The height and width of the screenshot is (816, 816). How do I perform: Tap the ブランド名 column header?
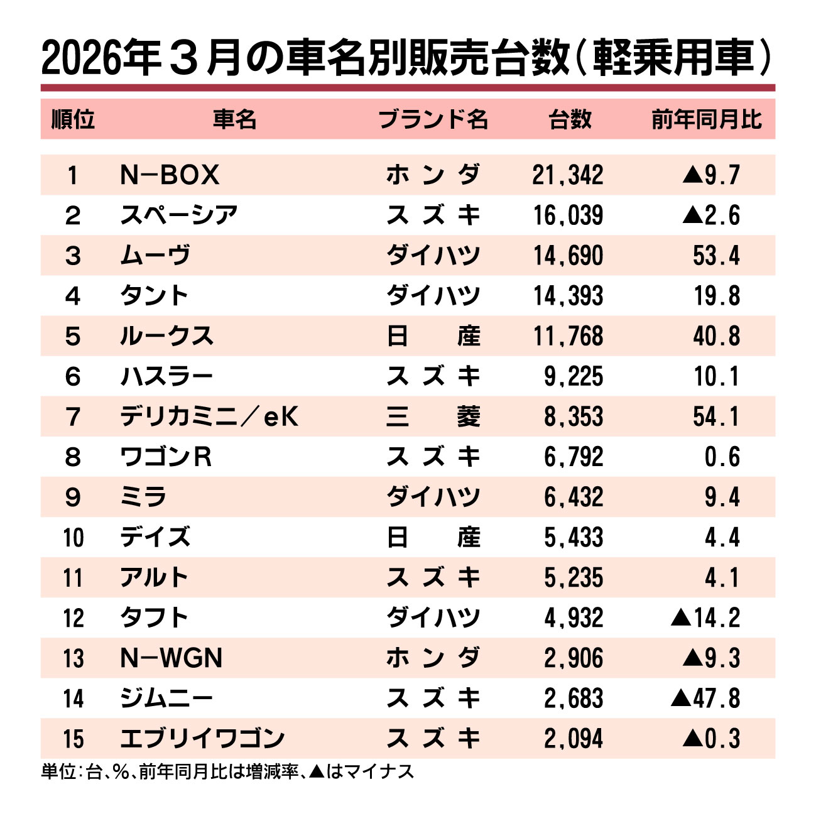click(x=433, y=119)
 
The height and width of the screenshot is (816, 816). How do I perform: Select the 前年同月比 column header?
click(x=706, y=119)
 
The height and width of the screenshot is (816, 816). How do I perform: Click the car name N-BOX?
click(x=170, y=175)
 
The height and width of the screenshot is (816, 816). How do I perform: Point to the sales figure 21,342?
click(x=568, y=175)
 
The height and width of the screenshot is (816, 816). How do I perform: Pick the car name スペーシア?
click(x=179, y=215)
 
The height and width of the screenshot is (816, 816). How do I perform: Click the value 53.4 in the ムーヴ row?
click(x=716, y=256)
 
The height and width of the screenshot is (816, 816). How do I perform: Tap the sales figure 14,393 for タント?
click(x=568, y=296)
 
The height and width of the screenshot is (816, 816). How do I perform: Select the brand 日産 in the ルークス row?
click(x=433, y=336)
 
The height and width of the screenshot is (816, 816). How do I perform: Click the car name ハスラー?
click(x=166, y=376)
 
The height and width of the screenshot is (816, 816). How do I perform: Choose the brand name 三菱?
click(x=433, y=416)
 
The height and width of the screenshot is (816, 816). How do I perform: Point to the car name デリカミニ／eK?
click(x=209, y=416)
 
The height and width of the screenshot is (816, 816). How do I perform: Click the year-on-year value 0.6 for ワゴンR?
click(x=722, y=457)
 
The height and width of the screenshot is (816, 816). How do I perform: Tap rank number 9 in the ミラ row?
click(x=73, y=497)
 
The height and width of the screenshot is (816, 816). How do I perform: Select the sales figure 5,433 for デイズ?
click(x=573, y=537)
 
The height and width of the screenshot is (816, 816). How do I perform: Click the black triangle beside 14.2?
click(x=680, y=618)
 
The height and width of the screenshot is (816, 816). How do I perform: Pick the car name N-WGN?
click(x=171, y=658)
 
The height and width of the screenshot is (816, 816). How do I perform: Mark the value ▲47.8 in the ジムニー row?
click(x=705, y=698)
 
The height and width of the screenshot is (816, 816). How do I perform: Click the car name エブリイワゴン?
click(x=202, y=738)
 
